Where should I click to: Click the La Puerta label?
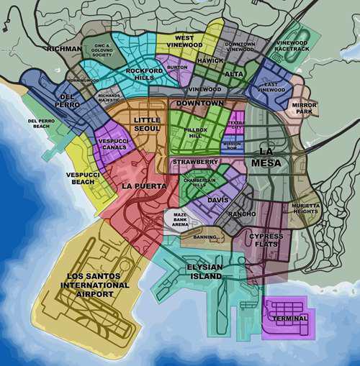pos(144,186)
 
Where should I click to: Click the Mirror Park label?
pos(305,109)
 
